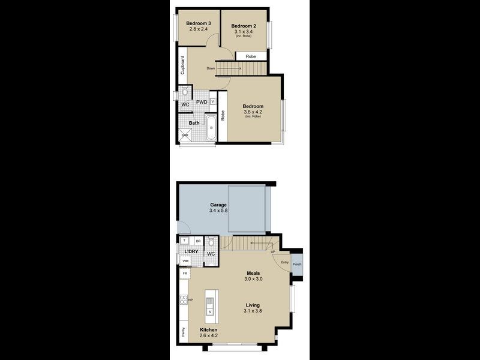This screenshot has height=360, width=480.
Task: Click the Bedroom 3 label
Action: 198,23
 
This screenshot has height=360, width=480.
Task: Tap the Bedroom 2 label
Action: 243,26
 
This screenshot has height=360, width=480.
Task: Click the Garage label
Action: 218,204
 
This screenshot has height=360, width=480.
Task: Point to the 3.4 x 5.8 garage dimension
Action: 218,211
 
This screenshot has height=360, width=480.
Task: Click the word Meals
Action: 253,272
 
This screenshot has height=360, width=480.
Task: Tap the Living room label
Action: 253,305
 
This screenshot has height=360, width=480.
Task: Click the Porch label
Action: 298,265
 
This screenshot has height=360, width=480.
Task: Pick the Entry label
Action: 284,262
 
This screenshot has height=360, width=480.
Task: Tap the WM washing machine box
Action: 185,261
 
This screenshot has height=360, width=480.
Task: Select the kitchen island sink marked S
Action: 209,312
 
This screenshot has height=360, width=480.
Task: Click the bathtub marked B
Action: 211,128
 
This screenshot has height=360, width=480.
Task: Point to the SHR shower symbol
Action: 185,136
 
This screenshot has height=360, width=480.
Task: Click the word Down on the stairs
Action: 211,68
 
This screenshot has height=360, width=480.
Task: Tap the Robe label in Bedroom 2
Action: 251,56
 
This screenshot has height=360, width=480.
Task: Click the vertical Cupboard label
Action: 182,65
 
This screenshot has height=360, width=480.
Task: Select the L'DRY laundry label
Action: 191,251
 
